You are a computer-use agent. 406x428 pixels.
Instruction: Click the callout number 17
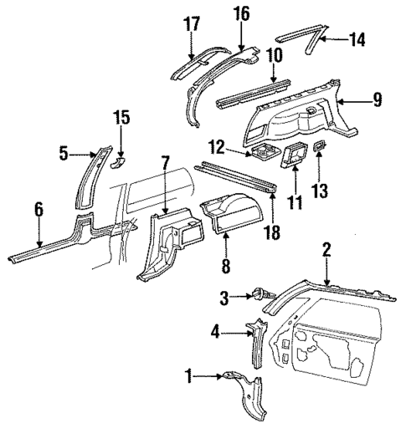coord(191,25)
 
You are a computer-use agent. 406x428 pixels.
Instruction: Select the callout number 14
coord(358,38)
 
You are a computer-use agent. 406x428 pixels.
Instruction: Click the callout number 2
coord(327,248)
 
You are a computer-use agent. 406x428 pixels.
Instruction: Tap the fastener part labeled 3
coord(260,294)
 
